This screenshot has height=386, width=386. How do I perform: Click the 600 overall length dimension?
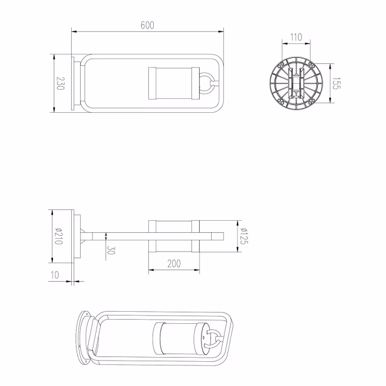point(148,25)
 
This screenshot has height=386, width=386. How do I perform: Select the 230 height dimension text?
point(60,83)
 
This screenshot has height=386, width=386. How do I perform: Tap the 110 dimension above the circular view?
point(296,37)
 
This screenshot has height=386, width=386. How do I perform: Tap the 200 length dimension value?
point(174,264)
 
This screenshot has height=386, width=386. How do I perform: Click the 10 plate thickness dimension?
point(55,275)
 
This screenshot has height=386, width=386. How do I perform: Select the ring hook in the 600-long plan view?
point(207,84)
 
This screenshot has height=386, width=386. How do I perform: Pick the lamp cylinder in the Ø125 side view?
point(173,236)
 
